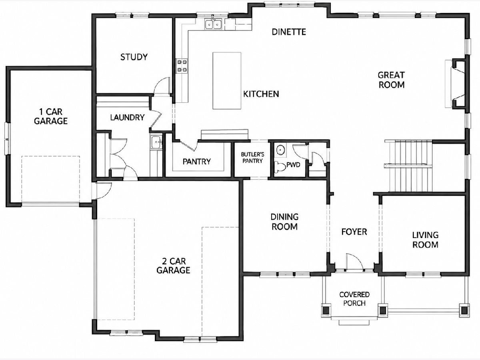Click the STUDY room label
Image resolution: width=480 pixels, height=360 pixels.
pos(134,57)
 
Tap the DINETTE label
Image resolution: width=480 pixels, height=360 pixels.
pos(289,32)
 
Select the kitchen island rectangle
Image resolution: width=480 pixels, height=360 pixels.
pos(227,80)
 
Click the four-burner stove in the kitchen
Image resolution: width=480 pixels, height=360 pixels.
pos(182,66)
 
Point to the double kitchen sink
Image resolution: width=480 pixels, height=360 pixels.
pos(213,24)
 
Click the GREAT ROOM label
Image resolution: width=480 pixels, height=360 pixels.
pos(392,80)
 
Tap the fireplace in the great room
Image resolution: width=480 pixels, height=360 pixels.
pos(457,84)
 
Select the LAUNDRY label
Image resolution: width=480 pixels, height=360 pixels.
pos(127,117)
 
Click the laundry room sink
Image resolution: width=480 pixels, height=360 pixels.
pos(156,142)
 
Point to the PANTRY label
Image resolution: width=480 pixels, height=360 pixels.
pos(196,162)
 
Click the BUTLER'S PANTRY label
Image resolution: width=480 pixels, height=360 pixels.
pos(252,158)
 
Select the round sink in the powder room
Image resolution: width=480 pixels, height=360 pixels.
pos(280,150)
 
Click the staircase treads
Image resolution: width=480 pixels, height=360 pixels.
pos(408,166)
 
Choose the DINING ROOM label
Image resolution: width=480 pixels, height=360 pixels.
pos(284,222)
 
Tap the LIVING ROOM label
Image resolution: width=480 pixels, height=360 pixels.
pos(425,240)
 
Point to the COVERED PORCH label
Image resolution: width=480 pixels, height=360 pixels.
pos(354,299)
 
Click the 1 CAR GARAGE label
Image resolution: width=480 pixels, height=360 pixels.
pos(51,116)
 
